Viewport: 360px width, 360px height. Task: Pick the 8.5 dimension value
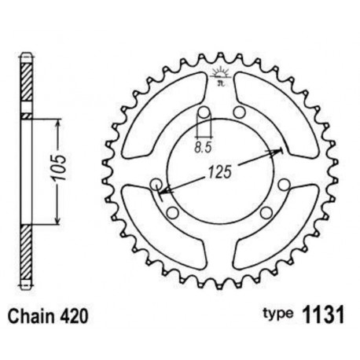[x=203, y=145]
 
